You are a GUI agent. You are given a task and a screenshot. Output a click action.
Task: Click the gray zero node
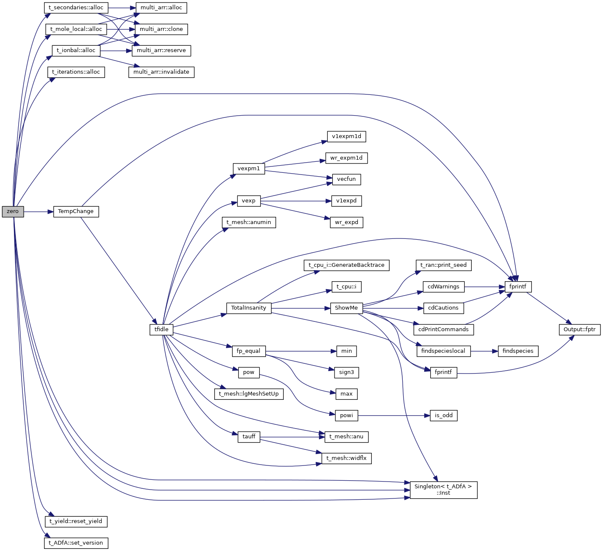(13, 211)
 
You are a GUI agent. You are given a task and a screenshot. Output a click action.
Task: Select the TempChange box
(76, 211)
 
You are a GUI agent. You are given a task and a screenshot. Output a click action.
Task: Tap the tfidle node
(161, 329)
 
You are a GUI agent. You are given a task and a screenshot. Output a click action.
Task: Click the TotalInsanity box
(249, 308)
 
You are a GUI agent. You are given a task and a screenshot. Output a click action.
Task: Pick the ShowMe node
(346, 308)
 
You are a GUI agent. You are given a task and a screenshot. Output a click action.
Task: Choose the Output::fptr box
(579, 329)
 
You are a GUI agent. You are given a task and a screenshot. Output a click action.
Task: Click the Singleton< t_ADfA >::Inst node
(443, 490)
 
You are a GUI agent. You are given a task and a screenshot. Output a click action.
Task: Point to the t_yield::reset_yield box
(76, 521)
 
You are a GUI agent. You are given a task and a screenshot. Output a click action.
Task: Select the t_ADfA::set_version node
(76, 543)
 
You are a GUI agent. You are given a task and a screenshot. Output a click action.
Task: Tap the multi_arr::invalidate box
(161, 72)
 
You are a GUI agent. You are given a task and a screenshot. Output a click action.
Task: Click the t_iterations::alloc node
(76, 72)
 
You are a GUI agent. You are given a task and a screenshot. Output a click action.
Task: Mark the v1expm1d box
(346, 136)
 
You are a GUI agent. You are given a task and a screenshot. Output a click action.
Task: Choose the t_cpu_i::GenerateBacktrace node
(346, 265)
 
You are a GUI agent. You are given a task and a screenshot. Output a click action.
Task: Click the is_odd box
(443, 415)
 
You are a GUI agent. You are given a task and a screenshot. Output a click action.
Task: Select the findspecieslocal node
(443, 351)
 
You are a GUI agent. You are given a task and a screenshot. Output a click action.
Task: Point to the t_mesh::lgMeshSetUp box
(249, 394)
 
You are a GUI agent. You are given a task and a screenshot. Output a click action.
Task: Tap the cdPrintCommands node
(443, 329)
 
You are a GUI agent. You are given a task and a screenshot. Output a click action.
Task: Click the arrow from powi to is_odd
(394, 415)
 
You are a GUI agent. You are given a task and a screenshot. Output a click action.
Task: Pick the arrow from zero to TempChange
(39, 211)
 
